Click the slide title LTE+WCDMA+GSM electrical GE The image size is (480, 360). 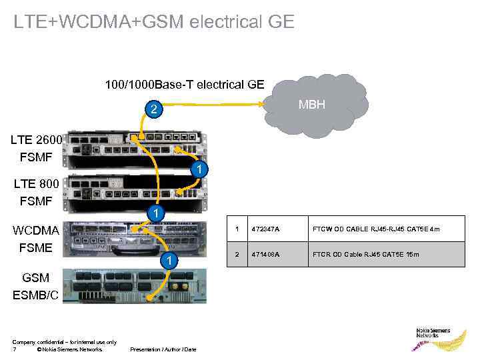pyautogui.click(x=153, y=22)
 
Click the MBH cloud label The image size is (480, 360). pyautogui.click(x=312, y=105)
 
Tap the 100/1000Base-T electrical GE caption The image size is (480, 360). pyautogui.click(x=185, y=85)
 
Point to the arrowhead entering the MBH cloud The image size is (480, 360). pyautogui.click(x=261, y=104)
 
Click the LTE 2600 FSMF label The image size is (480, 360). pyautogui.click(x=37, y=148)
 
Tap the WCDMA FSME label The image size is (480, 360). pyautogui.click(x=37, y=238)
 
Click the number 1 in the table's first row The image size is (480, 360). pyautogui.click(x=236, y=229)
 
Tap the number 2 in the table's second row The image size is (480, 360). pyautogui.click(x=236, y=254)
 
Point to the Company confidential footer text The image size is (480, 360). pyautogui.click(x=64, y=342)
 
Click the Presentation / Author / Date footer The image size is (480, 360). pyautogui.click(x=163, y=349)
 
